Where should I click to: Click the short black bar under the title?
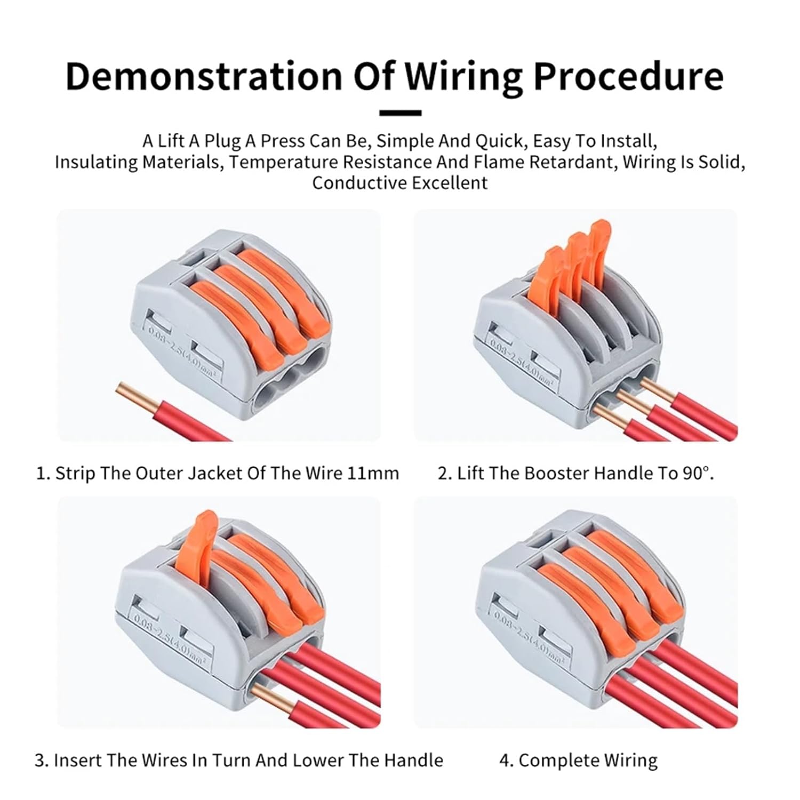point(400,113)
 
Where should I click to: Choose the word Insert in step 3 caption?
point(77,760)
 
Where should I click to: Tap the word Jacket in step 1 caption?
point(213,473)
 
